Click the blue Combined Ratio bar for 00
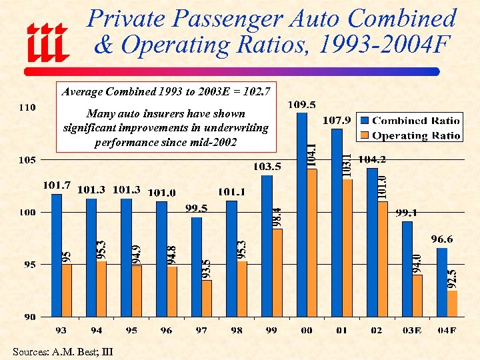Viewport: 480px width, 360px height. click(x=302, y=213)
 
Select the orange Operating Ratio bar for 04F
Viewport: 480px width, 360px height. click(x=453, y=303)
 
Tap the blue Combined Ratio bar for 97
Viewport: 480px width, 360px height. click(x=197, y=267)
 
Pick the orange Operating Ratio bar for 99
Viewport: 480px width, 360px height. click(x=277, y=272)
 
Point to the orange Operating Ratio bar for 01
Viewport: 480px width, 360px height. click(x=347, y=247)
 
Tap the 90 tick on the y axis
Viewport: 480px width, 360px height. click(x=27, y=317)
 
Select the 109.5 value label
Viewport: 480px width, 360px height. click(x=302, y=104)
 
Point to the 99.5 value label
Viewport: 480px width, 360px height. click(x=196, y=208)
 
